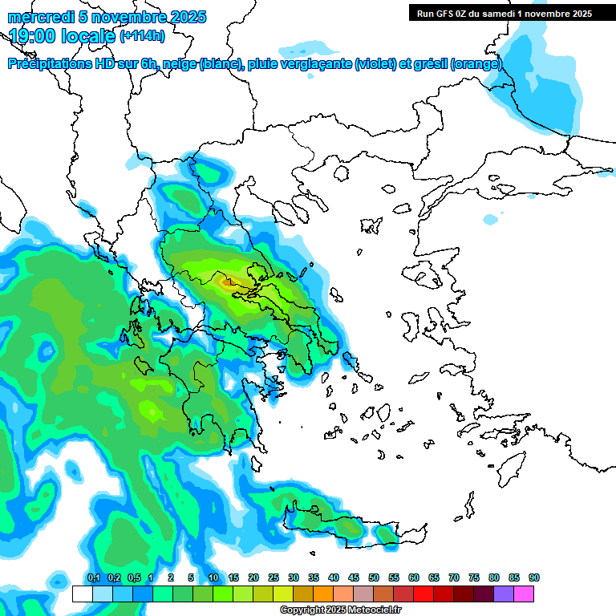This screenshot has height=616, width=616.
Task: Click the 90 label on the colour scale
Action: point(533,577)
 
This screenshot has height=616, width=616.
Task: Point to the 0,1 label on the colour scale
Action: point(93,577)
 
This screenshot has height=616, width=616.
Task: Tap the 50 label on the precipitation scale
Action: point(374,577)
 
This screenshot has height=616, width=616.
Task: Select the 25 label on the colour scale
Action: point(274,577)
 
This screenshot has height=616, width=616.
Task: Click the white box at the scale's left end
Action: point(82,594)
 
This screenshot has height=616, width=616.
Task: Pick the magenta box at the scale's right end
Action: point(524,594)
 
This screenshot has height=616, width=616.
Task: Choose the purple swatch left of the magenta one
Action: point(504,594)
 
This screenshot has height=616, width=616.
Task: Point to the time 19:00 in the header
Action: point(31,35)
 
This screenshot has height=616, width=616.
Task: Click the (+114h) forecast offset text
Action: point(141,35)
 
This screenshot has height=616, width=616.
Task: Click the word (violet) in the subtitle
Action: point(380,64)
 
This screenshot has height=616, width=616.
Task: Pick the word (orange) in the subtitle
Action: point(476,64)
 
